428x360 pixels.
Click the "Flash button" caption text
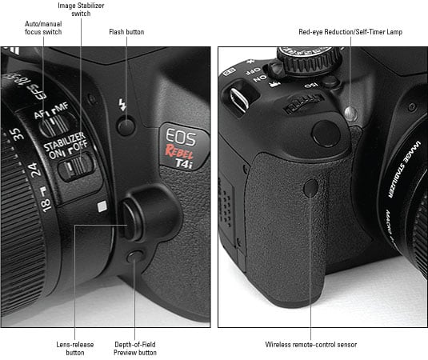(126, 32)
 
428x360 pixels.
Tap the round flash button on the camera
(126, 126)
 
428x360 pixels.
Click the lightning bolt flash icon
(122, 105)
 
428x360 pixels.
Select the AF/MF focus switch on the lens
(55, 125)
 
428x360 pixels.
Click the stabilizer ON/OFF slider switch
(76, 166)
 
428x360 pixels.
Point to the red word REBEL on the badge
(178, 153)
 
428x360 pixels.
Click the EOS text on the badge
(181, 137)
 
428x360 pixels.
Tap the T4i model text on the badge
(184, 163)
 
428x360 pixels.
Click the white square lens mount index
(102, 206)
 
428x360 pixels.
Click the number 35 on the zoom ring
(16, 134)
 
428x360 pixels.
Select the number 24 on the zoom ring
(34, 170)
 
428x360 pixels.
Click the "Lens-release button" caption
(74, 348)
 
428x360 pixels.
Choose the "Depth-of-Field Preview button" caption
(135, 348)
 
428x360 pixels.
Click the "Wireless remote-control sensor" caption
(311, 345)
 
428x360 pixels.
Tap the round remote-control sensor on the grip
(311, 187)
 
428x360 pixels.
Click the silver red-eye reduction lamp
(351, 114)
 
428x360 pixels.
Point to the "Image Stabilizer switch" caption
(81, 10)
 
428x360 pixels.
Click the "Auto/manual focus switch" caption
(43, 27)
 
